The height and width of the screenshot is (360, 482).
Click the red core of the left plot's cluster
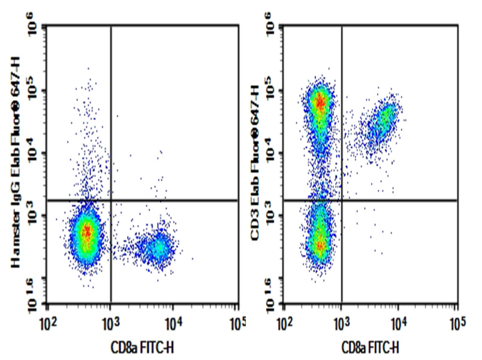[x=88, y=232]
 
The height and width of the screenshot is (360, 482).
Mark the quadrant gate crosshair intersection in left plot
[x=111, y=200]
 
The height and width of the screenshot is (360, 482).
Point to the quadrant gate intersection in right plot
[x=342, y=200]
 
